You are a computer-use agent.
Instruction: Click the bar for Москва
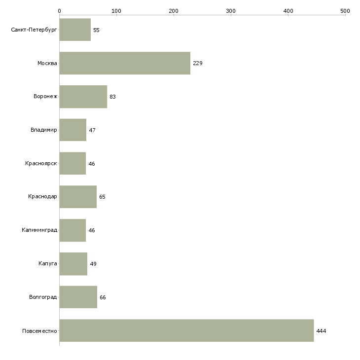[x=125, y=63]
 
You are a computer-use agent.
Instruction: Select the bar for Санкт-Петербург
[x=75, y=30]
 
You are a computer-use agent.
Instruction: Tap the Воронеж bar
[x=83, y=97]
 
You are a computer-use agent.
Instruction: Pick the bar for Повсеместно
[x=187, y=330]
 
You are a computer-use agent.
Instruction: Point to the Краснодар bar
[x=78, y=197]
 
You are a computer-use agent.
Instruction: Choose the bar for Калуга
[x=73, y=264]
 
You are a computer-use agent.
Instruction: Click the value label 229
[x=198, y=63]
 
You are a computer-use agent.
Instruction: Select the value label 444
[x=321, y=331]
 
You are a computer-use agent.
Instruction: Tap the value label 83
[x=112, y=97]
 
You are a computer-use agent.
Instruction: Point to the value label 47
[x=92, y=130]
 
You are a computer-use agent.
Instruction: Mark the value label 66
[x=103, y=297]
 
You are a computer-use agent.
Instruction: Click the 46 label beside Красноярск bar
[x=92, y=164]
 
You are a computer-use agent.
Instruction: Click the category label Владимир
[x=43, y=130]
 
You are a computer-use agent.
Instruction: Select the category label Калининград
[x=39, y=230]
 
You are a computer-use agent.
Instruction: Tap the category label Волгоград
[x=43, y=297]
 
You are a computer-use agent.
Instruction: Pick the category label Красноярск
[x=41, y=163]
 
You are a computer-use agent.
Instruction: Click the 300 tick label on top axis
[x=231, y=11]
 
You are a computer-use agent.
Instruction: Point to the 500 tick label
[x=345, y=11]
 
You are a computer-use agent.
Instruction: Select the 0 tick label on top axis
[x=60, y=11]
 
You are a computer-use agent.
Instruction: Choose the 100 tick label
[x=116, y=11]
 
